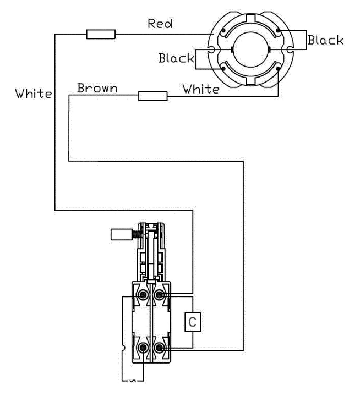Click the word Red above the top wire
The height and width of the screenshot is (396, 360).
click(160, 24)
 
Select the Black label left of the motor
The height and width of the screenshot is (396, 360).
click(176, 58)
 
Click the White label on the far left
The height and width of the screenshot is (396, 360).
click(33, 94)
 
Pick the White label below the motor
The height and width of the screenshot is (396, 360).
click(201, 89)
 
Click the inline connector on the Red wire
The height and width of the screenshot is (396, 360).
click(101, 35)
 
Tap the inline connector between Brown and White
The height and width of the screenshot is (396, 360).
click(152, 97)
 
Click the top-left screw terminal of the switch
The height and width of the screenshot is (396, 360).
click(143, 296)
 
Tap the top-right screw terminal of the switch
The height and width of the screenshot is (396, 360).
click(160, 296)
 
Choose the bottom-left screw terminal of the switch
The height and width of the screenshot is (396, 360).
click(143, 348)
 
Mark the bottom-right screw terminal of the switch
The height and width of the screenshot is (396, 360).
click(160, 348)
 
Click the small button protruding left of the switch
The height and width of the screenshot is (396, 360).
click(120, 234)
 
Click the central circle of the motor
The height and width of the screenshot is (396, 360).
click(249, 52)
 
